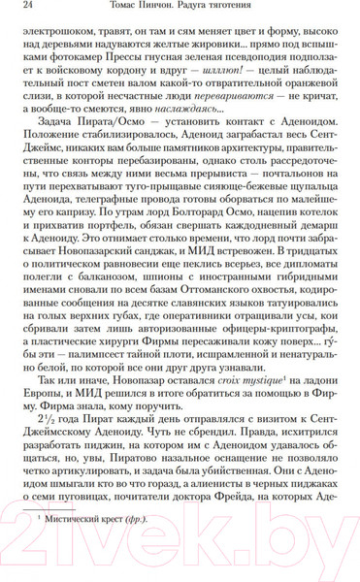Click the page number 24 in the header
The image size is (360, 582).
tap(30, 11)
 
